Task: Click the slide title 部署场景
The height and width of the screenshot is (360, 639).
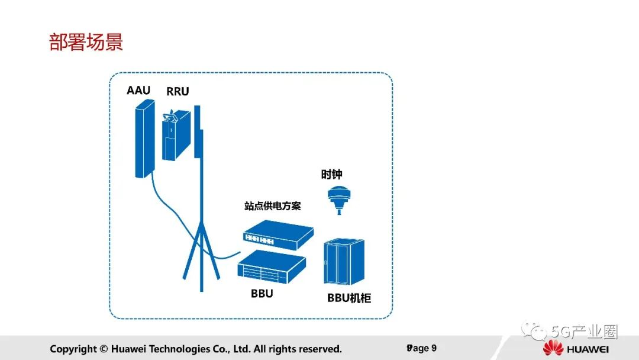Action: point(86,43)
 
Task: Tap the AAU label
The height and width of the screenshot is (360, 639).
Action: point(138,91)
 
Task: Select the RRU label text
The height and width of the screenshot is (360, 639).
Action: point(177,92)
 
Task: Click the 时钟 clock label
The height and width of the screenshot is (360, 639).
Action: point(331,175)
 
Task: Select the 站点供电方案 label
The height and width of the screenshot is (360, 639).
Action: point(273,206)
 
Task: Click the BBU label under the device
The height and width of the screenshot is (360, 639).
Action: point(262,293)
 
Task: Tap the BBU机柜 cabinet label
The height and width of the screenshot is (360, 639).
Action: point(349,298)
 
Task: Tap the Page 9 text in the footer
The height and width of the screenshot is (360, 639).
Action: point(421,348)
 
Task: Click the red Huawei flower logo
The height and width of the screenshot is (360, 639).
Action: point(554,349)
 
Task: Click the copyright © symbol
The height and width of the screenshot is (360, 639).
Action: point(104,349)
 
